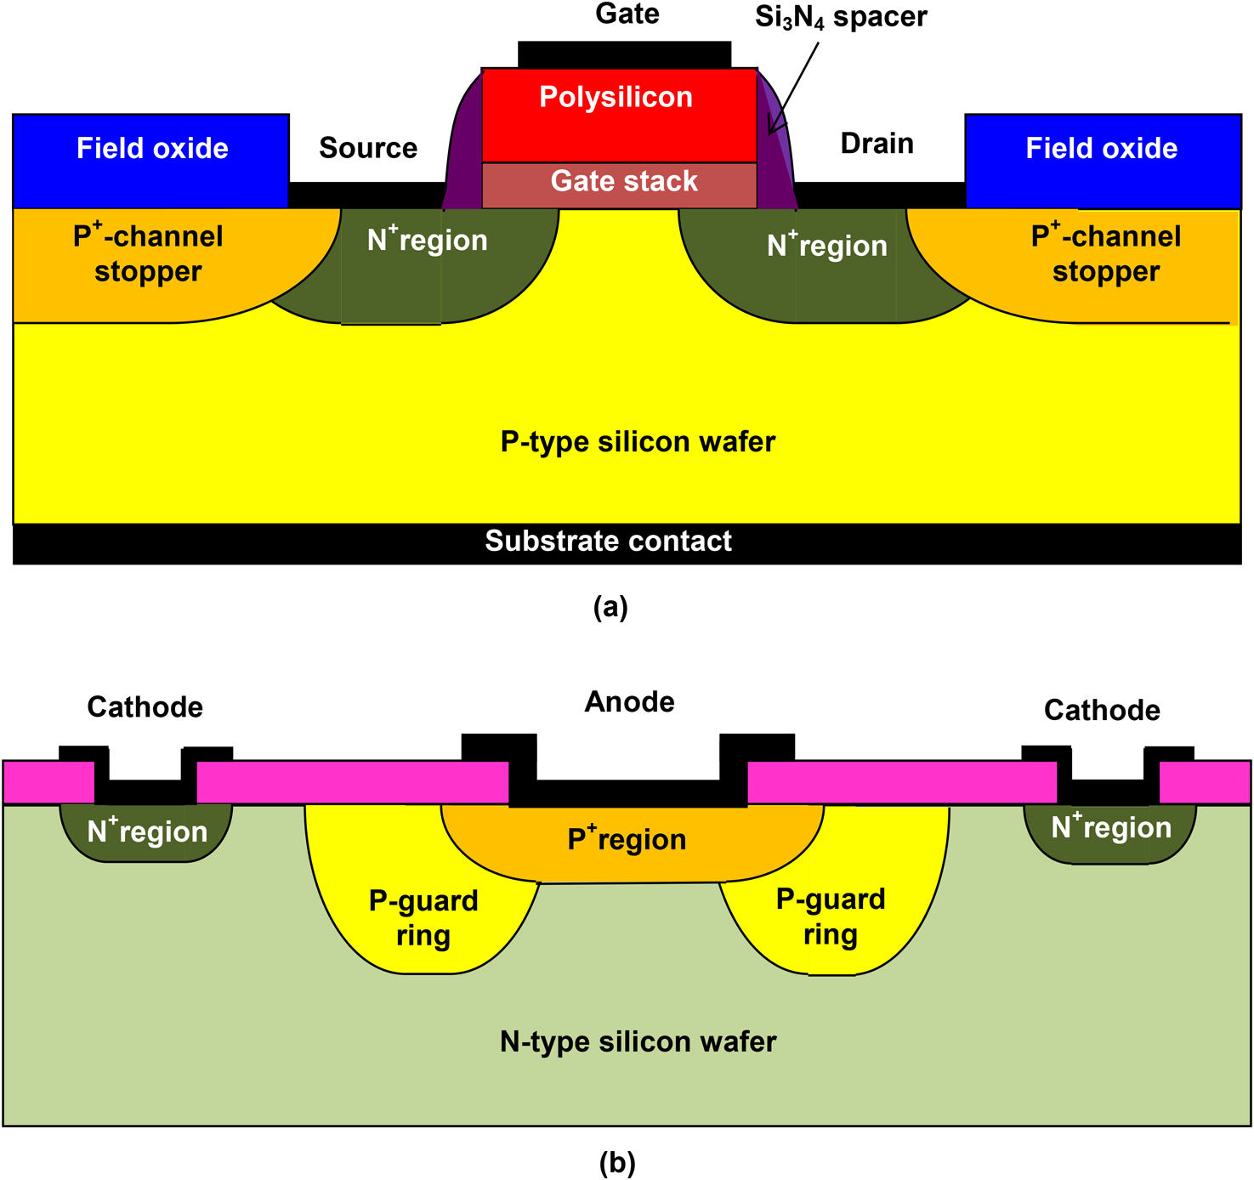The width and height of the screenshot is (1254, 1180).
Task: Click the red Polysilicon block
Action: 618,115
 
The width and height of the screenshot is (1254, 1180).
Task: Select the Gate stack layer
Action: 620,184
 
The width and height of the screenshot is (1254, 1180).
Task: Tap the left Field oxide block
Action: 151,160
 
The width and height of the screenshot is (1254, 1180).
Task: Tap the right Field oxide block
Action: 1103,160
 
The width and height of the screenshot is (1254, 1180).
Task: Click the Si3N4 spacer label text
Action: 841,17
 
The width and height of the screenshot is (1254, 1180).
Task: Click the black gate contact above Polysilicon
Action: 624,54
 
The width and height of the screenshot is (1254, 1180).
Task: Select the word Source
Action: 368,148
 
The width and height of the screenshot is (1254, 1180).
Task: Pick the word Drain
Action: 877,144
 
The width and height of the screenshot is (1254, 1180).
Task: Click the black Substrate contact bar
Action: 609,542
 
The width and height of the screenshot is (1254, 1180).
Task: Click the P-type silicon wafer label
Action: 638,442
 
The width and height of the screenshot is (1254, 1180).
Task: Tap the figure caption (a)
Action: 610,607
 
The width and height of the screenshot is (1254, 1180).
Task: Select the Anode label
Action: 629,702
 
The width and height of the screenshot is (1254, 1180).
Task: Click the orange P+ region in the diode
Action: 627,842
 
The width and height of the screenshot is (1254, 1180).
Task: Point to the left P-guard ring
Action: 423,918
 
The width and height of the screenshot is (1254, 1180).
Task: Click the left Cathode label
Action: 145,707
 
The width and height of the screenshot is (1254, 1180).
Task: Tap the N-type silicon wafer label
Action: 638,1042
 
